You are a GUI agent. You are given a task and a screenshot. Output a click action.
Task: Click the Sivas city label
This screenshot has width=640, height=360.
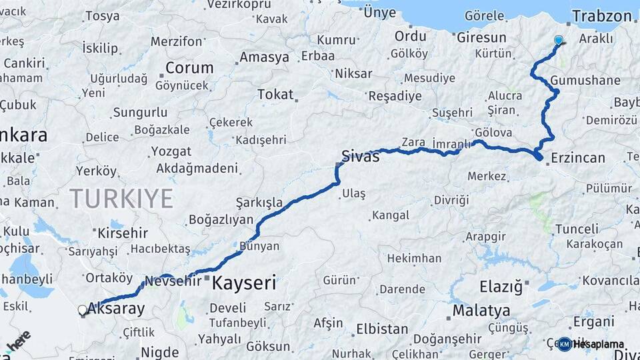click(360, 156)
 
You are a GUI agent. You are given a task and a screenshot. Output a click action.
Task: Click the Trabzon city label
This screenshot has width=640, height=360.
click(601, 16)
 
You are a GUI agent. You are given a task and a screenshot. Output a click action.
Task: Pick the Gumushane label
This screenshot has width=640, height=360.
click(586, 81)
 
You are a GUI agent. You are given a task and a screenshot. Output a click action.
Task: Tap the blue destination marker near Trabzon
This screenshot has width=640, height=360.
click(559, 40)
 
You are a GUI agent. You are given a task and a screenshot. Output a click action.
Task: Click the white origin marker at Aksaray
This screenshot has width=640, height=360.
click(82, 310)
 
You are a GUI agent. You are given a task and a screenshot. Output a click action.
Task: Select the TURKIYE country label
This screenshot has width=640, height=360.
click(121, 198)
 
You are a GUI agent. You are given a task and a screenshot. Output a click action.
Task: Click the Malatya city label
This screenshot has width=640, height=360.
click(481, 311)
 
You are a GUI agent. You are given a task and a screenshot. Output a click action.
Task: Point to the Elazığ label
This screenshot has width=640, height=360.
click(501, 287)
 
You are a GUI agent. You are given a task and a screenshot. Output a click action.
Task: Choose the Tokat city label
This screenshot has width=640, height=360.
click(275, 95)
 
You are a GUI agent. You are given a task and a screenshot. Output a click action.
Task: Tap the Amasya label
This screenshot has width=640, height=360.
click(264, 57)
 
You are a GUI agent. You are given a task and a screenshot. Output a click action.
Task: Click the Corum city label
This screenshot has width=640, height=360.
click(189, 67)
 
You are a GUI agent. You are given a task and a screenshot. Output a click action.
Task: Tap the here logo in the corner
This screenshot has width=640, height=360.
click(19, 340)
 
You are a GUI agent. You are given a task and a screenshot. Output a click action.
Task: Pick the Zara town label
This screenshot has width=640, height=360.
click(413, 142)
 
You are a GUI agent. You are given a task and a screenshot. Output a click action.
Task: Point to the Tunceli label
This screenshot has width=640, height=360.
click(577, 229)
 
